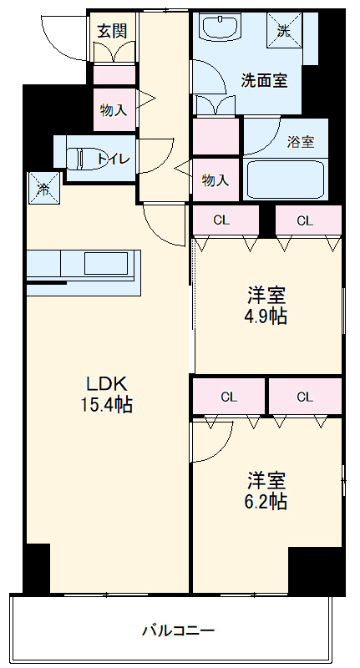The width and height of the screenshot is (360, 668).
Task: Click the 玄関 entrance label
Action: click(112, 31)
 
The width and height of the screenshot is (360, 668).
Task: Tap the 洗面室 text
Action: click(264, 81)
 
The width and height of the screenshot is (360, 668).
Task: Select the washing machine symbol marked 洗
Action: click(283, 31)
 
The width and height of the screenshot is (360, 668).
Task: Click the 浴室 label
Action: click(301, 141)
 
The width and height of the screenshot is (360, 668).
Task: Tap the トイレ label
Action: click(112, 158)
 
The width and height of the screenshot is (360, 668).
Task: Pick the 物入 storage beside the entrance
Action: click(114, 109)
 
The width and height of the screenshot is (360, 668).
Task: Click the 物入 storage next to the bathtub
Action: click(215, 180)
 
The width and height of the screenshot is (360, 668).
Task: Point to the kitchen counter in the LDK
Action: click(84, 266)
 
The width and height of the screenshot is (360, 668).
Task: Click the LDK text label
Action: click(107, 384)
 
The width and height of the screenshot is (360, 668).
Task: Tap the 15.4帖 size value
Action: click(107, 405)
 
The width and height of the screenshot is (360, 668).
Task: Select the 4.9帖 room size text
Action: click(266, 317)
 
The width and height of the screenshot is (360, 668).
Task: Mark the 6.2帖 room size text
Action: click(266, 502)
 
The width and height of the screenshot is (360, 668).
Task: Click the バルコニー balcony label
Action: click(178, 630)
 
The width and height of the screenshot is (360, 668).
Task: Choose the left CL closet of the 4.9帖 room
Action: click(221, 221)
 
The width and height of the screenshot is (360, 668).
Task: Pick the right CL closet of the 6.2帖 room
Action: click(304, 397)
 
